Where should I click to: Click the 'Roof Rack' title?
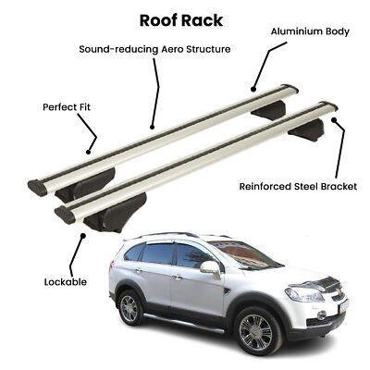click(x=181, y=20)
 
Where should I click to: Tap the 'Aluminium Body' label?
click(x=310, y=31)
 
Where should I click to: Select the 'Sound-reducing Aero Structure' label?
click(x=154, y=49)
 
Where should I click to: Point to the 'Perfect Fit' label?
click(x=67, y=107)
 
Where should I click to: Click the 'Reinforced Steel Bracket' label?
click(x=298, y=187)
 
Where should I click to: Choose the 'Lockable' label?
click(x=66, y=282)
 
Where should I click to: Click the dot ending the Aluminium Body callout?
click(x=253, y=90)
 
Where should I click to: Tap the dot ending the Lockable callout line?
click(x=82, y=236)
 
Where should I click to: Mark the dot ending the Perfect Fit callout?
click(x=88, y=152)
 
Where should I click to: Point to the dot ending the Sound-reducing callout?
click(x=152, y=127)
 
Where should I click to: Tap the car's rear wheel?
click(x=129, y=308)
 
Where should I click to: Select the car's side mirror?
click(x=210, y=267)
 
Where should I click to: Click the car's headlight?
click(x=304, y=294)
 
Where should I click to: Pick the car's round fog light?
click(x=321, y=314)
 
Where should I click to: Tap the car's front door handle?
click(x=177, y=277)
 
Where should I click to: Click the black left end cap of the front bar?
click(x=65, y=215)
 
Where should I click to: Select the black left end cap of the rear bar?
click(x=38, y=188)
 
